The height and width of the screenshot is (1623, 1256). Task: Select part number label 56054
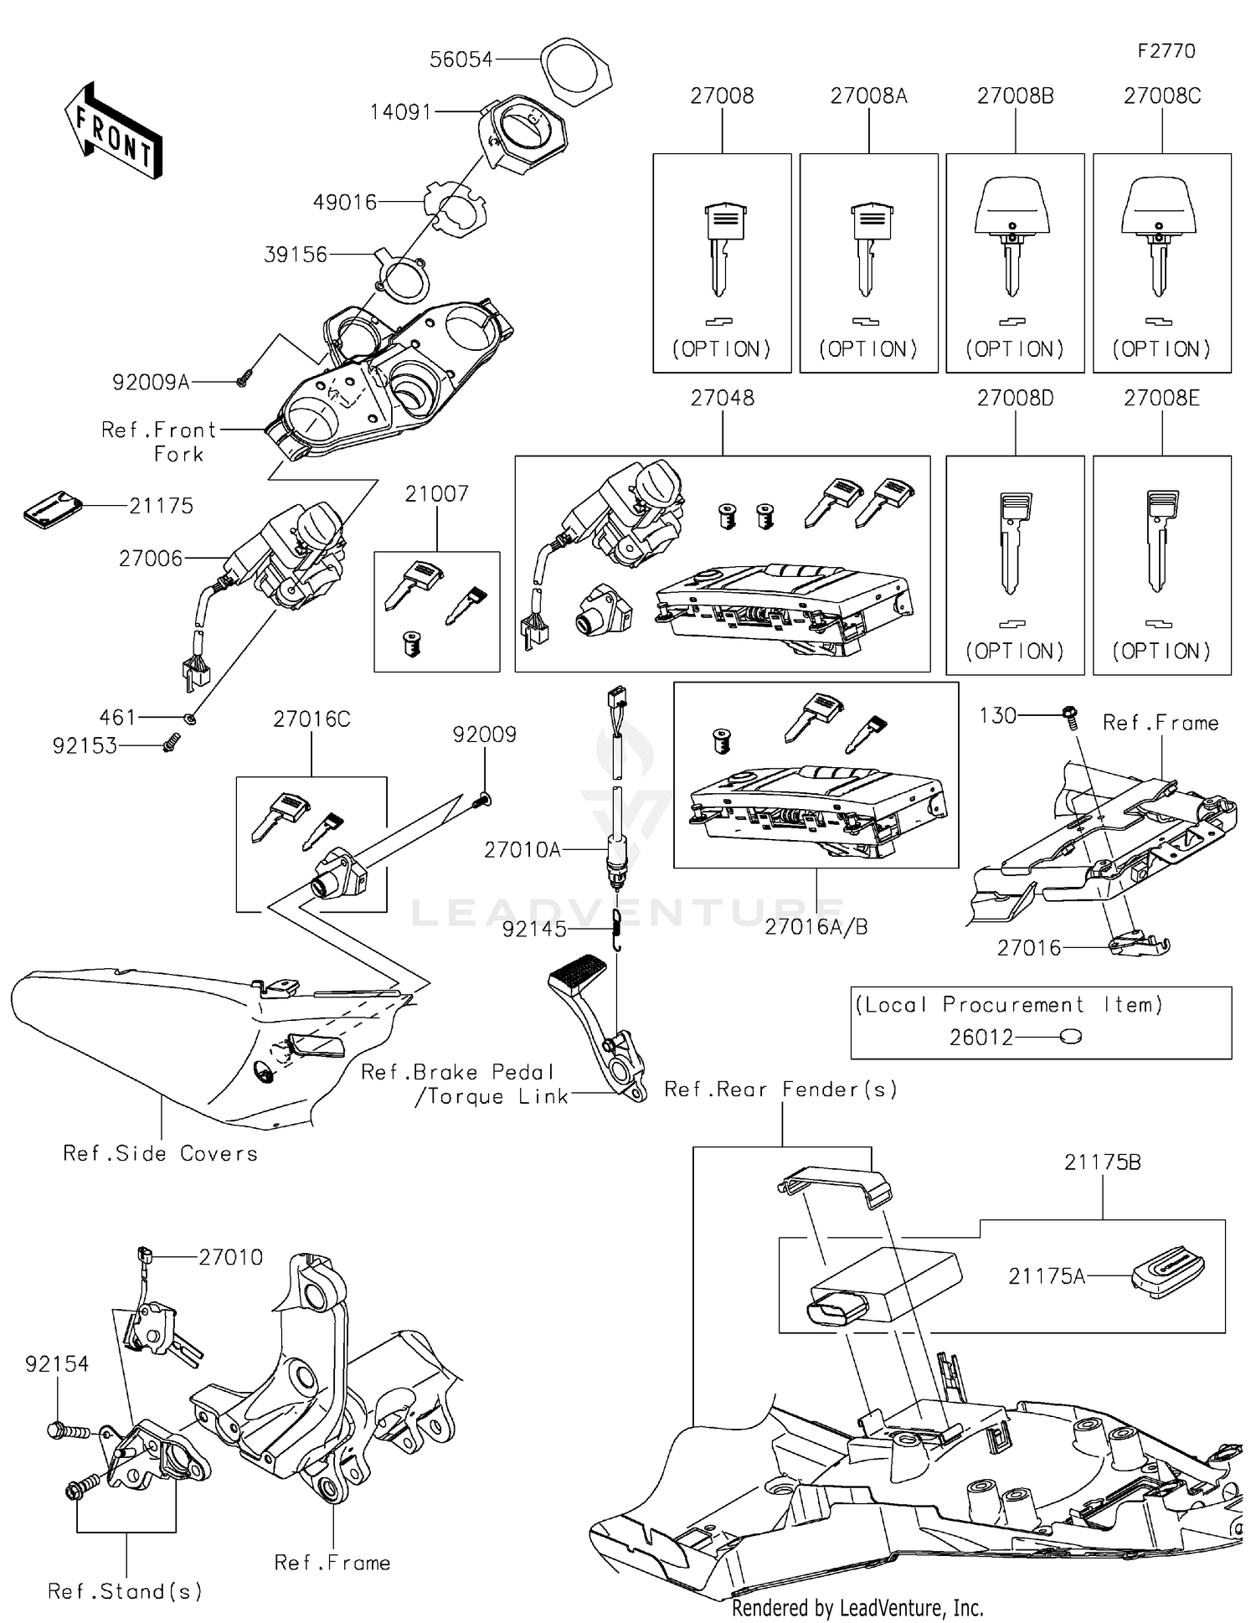[461, 59]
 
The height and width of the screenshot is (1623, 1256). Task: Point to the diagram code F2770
[1166, 51]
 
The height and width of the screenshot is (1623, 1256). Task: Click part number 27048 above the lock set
[722, 398]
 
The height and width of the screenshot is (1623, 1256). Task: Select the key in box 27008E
[1160, 540]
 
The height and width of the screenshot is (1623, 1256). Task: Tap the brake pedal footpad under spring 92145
[577, 975]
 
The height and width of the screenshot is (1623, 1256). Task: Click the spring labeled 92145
[617, 930]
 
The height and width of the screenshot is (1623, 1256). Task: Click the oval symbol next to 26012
[1070, 1037]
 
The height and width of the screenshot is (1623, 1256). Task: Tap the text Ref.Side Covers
[161, 1153]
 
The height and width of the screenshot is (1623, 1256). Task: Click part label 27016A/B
[816, 927]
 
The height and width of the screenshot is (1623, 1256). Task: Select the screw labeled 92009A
[242, 380]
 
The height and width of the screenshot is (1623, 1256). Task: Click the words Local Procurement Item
[1008, 1004]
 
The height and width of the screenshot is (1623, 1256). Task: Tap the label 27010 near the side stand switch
[230, 1257]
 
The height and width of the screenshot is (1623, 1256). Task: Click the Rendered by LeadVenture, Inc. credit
[857, 1607]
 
